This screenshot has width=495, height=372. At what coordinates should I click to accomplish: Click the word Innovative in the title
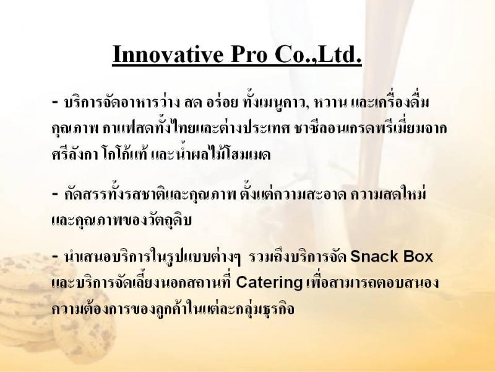(x=168, y=54)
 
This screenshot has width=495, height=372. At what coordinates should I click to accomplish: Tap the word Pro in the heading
(x=249, y=54)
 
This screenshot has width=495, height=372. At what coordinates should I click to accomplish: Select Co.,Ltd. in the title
(x=318, y=55)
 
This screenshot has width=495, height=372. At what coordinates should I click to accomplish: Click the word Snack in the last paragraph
(x=371, y=256)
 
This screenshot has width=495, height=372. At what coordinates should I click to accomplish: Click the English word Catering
(x=269, y=283)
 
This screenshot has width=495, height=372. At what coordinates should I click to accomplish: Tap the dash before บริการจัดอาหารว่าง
(x=55, y=102)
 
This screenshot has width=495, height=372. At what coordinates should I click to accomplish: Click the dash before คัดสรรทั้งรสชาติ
(x=55, y=193)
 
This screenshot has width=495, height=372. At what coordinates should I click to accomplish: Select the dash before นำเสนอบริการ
(x=55, y=256)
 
